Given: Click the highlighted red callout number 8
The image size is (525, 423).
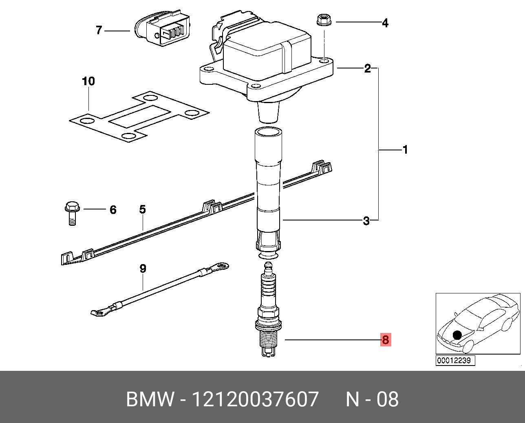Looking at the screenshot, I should click(x=385, y=339).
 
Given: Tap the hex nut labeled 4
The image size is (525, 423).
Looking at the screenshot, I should click(x=324, y=20).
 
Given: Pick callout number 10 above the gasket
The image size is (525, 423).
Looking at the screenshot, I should click(x=88, y=81).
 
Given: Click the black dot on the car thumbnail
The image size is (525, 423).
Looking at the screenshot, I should click(x=457, y=335).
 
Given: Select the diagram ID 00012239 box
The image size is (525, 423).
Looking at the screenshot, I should click(x=455, y=361).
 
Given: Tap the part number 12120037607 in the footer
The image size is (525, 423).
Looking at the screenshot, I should click(x=255, y=399).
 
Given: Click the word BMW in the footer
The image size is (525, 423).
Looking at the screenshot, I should click(x=150, y=399).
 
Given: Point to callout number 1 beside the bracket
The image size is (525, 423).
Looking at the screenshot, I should click(x=405, y=150).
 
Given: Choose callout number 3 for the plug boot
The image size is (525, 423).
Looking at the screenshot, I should click(x=366, y=221).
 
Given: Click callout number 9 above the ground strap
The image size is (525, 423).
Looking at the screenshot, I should click(x=143, y=269).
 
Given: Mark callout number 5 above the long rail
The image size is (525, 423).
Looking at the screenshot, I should click(x=142, y=209).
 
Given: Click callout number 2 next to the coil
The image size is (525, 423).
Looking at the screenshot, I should click(x=367, y=68).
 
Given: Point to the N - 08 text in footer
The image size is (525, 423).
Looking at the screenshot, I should click(x=372, y=399).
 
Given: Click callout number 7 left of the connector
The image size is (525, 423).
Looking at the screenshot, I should click(x=99, y=30).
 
